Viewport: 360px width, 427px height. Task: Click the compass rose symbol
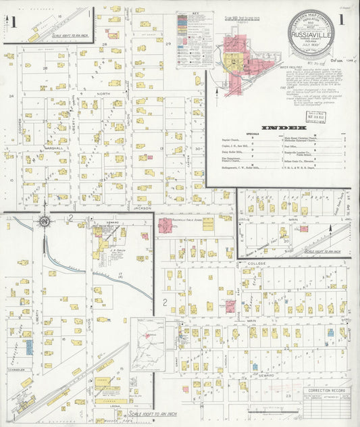[45, 220]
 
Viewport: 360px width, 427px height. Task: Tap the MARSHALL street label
[53, 147]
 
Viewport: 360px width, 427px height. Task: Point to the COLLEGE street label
[257, 263]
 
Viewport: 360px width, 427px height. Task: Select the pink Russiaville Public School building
[165, 224]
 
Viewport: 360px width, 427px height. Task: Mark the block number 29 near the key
[169, 43]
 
